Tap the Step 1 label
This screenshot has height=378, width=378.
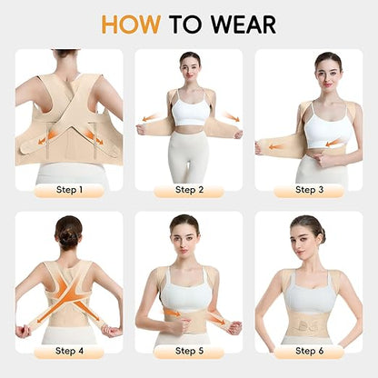[x=68, y=190]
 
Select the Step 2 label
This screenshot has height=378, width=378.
[x=189, y=190]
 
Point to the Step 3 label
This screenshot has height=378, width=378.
[x=309, y=190]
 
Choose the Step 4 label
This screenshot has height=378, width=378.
[x=68, y=351]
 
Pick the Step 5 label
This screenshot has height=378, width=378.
[x=189, y=351]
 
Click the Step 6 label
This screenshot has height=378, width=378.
[x=309, y=351]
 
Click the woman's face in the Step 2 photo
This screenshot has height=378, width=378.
[x=189, y=65]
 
